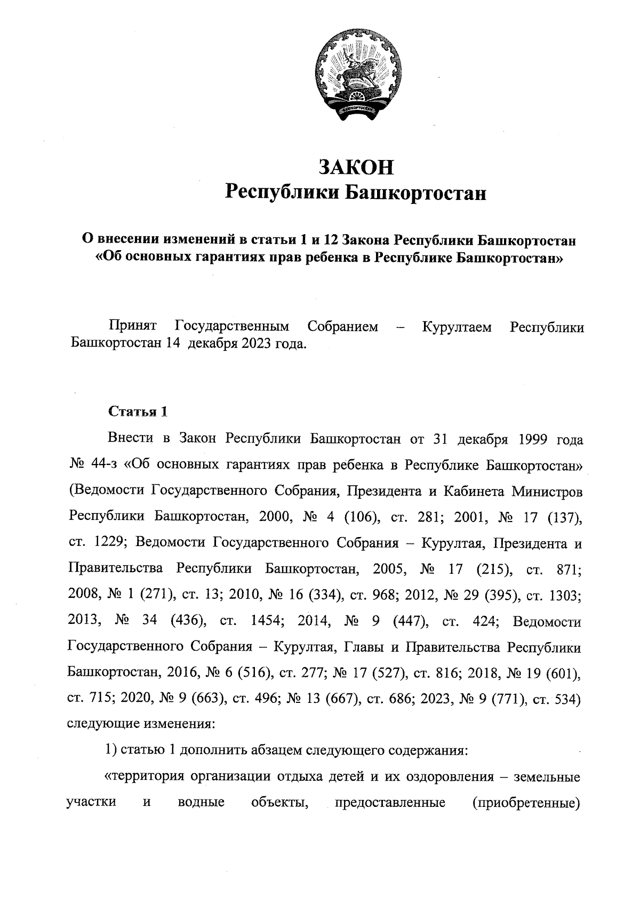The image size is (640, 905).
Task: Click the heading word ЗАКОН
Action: coord(356,167)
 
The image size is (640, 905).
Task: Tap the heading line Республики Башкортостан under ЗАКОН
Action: coord(356,193)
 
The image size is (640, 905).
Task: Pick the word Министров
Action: coord(546,491)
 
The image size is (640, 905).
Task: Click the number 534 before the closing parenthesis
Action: coord(565,699)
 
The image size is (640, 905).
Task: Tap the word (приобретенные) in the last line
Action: coord(526,802)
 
